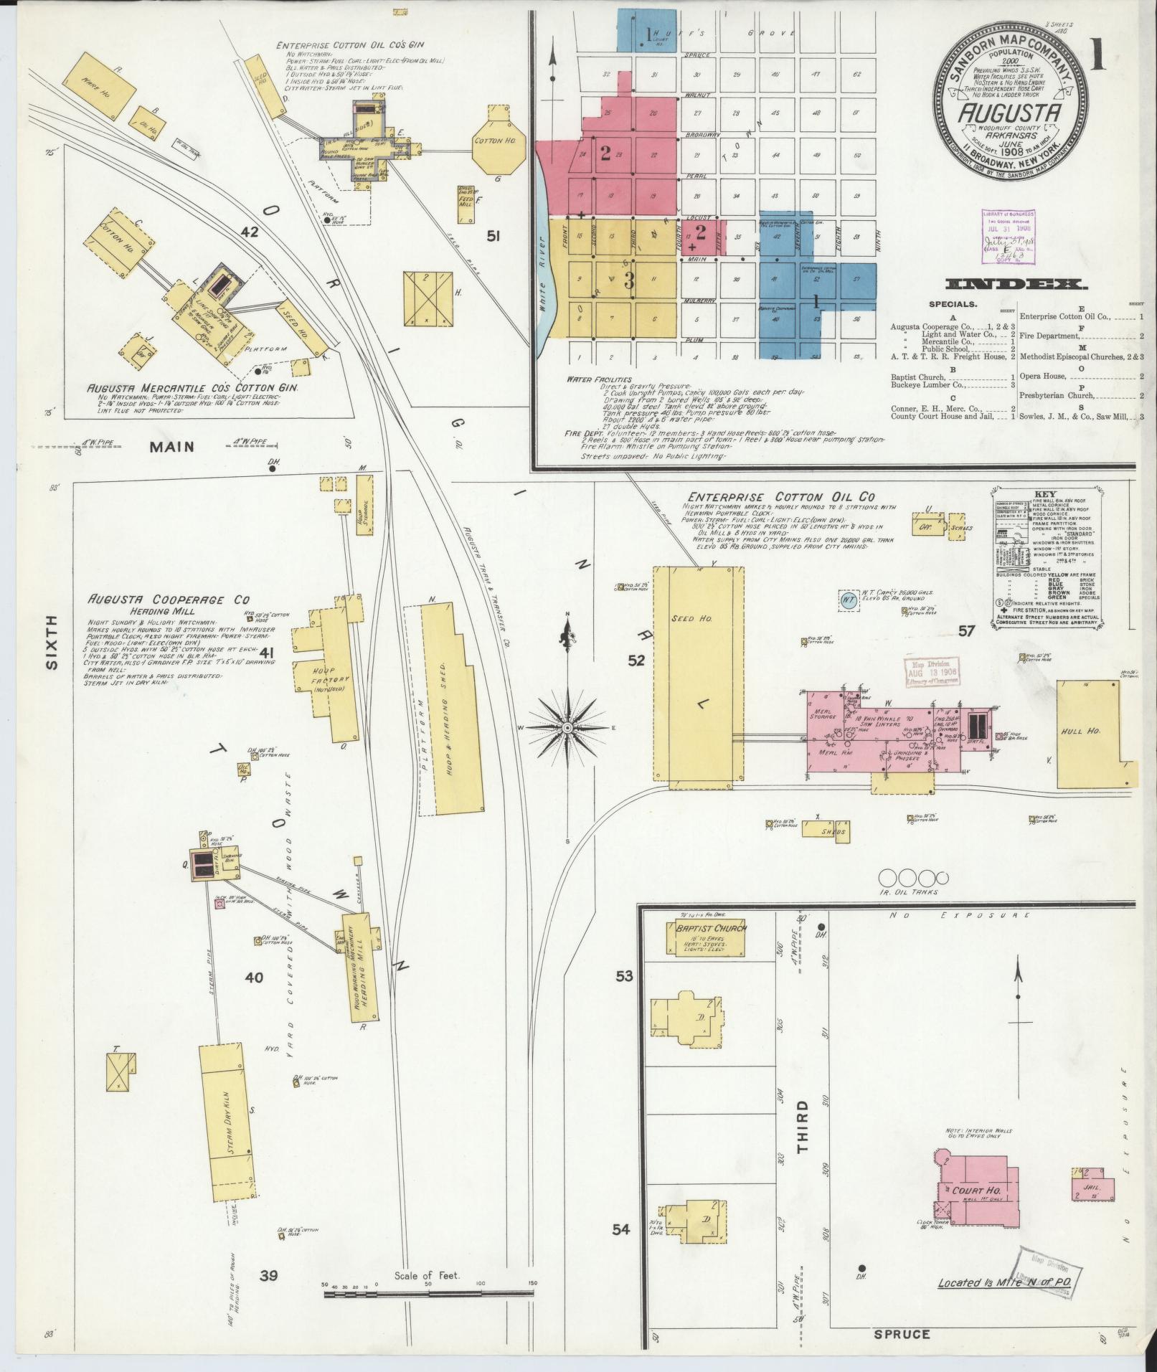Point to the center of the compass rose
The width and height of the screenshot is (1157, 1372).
(x=567, y=727)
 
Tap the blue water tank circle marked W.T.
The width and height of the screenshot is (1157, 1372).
(x=848, y=600)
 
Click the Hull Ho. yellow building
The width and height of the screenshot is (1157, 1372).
(x=1087, y=732)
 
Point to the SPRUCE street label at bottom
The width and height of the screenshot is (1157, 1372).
(x=902, y=1335)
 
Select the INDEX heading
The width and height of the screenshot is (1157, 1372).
(x=1016, y=284)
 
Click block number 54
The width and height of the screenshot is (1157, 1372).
(x=621, y=1229)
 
